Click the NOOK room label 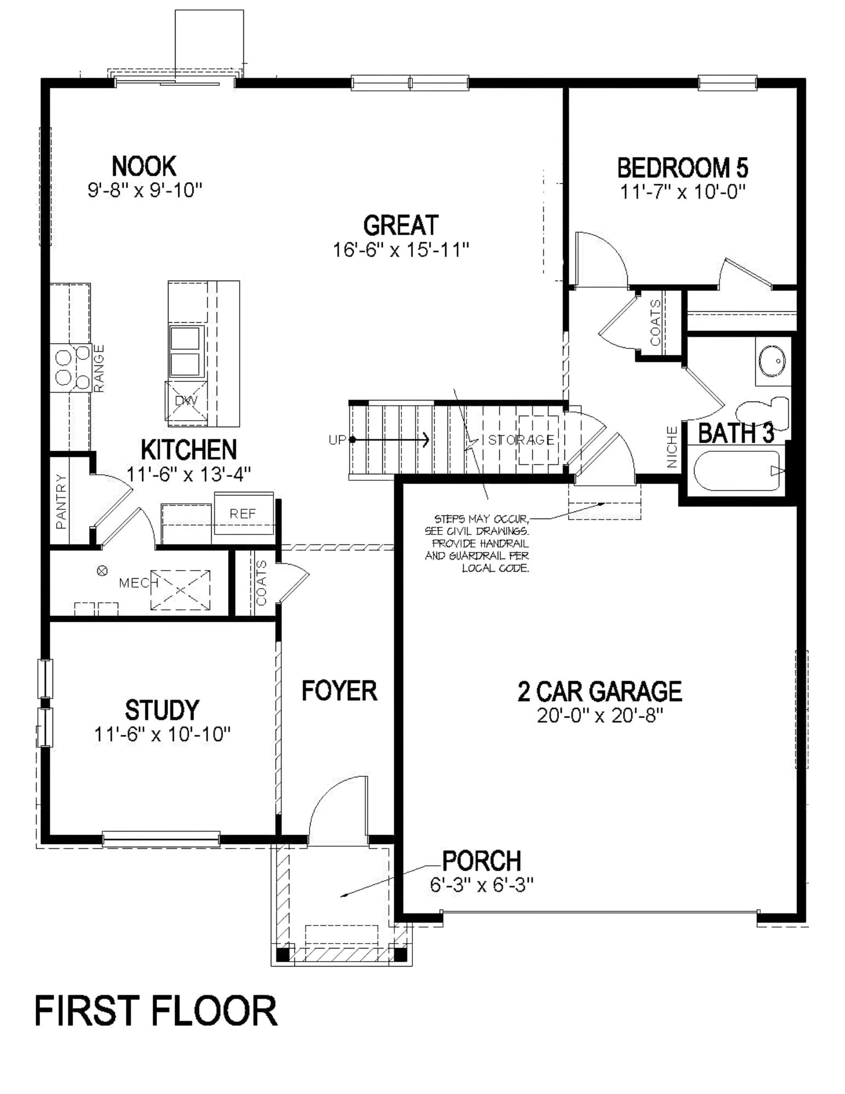pyautogui.click(x=144, y=166)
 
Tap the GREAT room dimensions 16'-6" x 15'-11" pyautogui.click(x=401, y=250)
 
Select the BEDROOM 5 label pyautogui.click(x=683, y=168)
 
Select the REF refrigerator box pyautogui.click(x=243, y=514)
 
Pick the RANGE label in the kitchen pyautogui.click(x=99, y=368)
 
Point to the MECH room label pyautogui.click(x=135, y=583)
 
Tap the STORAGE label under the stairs pyautogui.click(x=521, y=439)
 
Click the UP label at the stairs pyautogui.click(x=337, y=439)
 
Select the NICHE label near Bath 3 pyautogui.click(x=672, y=447)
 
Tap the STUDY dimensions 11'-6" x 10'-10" pyautogui.click(x=162, y=734)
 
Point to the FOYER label pyautogui.click(x=339, y=691)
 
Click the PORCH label pyautogui.click(x=481, y=861)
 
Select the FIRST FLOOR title pyautogui.click(x=156, y=1011)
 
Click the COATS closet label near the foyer pyautogui.click(x=261, y=583)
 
